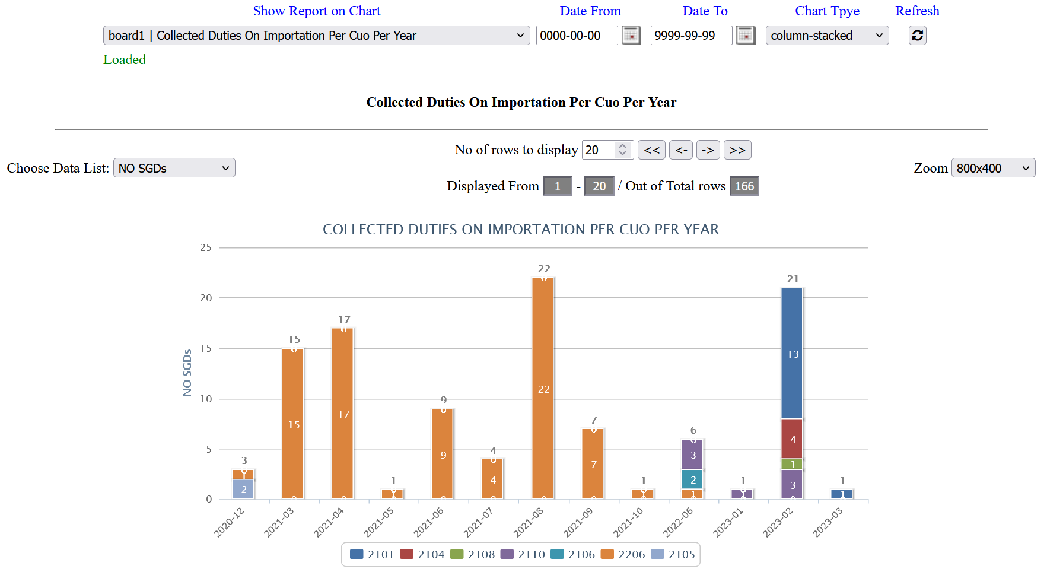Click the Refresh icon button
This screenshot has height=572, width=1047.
click(917, 36)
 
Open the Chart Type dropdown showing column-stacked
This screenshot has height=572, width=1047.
click(826, 36)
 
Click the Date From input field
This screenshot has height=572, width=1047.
click(576, 36)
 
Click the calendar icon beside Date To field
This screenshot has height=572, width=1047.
click(745, 36)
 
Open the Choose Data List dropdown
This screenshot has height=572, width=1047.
click(174, 168)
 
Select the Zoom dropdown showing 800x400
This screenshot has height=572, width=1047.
click(993, 168)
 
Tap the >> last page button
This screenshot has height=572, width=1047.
click(737, 150)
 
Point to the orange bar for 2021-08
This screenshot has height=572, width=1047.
click(543, 389)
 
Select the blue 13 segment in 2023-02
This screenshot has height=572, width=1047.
click(792, 354)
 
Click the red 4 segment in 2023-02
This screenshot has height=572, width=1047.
click(792, 439)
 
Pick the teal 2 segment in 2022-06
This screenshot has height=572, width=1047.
click(692, 479)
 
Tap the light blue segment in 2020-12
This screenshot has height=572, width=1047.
click(243, 490)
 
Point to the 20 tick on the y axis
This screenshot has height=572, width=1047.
click(206, 298)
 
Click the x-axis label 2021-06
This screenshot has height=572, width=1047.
click(428, 522)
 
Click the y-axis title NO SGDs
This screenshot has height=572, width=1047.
click(187, 372)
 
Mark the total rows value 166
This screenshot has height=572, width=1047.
click(744, 186)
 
